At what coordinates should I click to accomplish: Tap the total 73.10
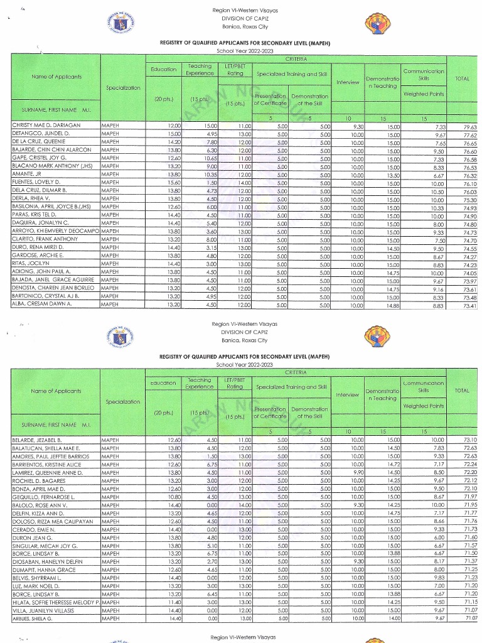(x=469, y=441)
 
